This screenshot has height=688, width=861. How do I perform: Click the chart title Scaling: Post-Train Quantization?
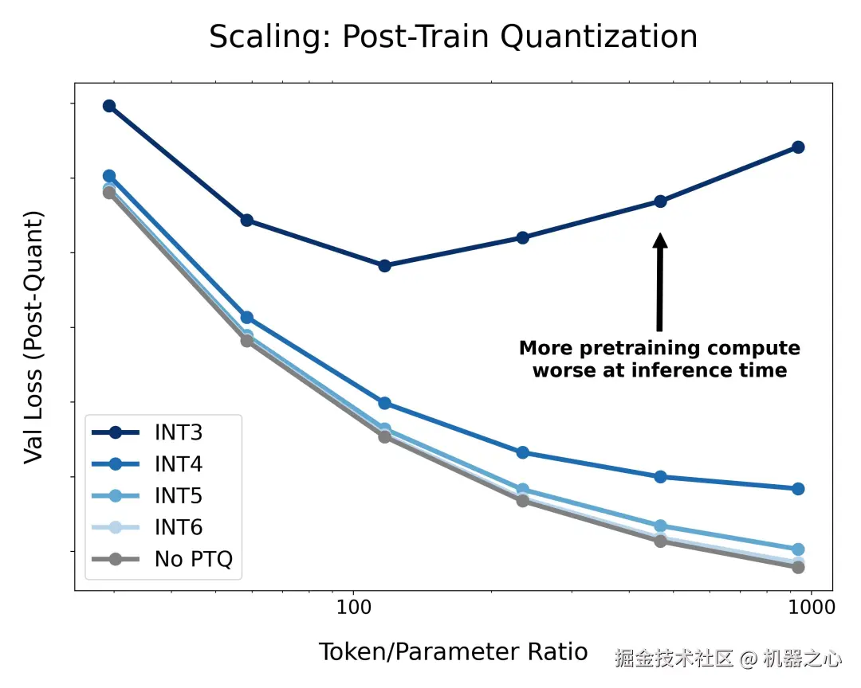click(x=453, y=37)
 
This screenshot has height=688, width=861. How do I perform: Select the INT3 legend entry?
click(x=178, y=432)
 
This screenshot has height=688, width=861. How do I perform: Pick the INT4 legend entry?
click(x=178, y=464)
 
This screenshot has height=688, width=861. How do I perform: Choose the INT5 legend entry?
click(x=178, y=496)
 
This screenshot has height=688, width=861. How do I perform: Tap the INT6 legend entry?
click(x=178, y=527)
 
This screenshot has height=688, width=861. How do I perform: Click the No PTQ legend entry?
click(x=193, y=559)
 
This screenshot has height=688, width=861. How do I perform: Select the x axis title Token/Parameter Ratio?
click(x=453, y=652)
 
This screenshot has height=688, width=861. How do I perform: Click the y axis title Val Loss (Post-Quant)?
click(x=33, y=337)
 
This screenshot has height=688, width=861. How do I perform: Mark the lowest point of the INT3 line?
click(x=384, y=265)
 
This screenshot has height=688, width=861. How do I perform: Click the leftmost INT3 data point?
click(x=109, y=106)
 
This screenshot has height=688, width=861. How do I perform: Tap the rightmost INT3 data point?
click(x=797, y=147)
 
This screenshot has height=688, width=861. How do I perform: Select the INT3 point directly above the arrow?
click(x=660, y=201)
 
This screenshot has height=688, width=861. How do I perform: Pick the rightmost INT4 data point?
click(x=797, y=489)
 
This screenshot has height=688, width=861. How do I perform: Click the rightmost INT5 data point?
click(x=797, y=549)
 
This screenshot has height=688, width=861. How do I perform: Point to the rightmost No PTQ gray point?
click(x=797, y=567)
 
